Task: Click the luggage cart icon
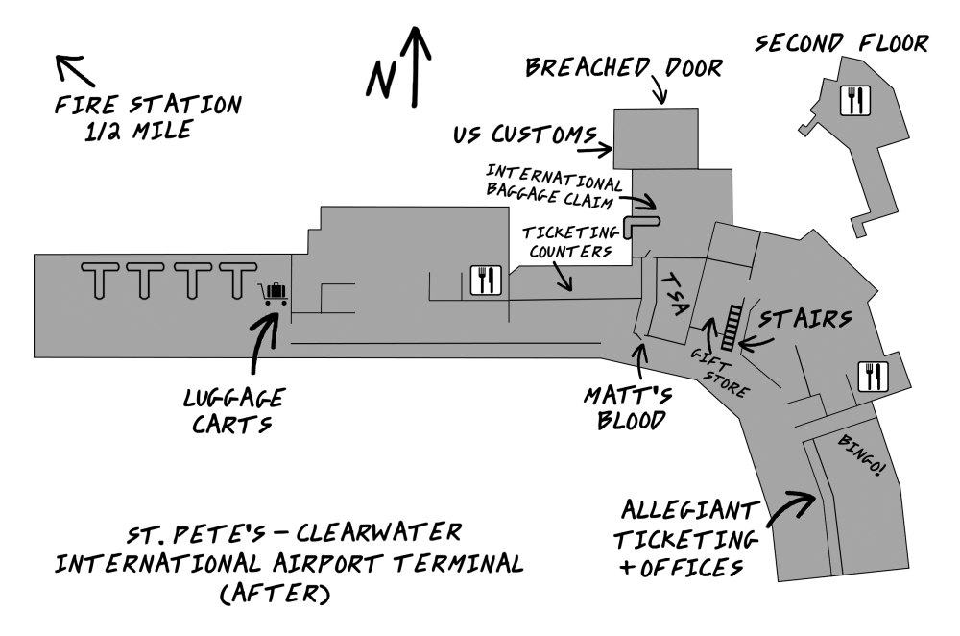click(274, 293)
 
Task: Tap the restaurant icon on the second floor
click(854, 100)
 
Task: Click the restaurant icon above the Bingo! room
click(872, 376)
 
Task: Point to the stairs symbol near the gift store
click(732, 327)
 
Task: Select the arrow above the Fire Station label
click(74, 69)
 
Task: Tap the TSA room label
click(675, 293)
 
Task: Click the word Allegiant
click(691, 509)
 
